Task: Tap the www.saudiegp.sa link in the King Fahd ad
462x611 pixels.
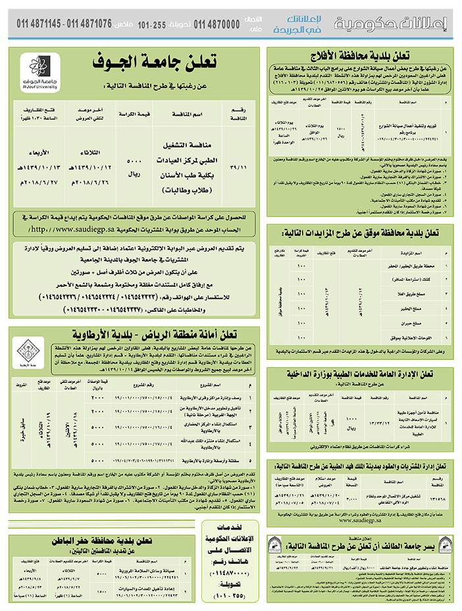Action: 361,518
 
